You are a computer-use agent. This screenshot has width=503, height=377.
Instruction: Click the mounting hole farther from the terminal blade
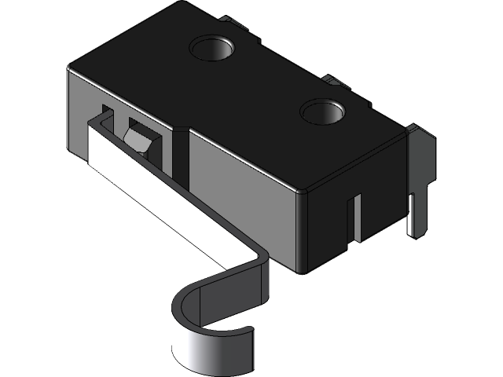[x=213, y=49]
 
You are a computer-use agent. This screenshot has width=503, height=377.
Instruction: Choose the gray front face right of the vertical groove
[x=244, y=196]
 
